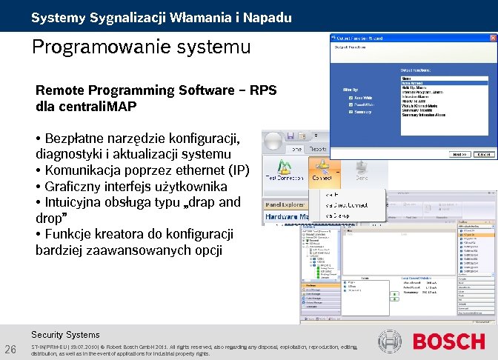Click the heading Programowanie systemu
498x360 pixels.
point(141,47)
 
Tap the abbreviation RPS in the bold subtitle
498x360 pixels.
point(263,90)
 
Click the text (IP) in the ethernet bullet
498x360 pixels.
point(238,170)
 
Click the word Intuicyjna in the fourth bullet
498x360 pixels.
point(76,201)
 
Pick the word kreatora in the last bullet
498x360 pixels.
point(122,234)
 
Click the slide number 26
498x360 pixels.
point(11,350)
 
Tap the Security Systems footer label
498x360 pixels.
point(65,335)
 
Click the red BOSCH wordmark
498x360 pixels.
point(448,342)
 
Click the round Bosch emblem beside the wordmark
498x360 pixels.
point(391,342)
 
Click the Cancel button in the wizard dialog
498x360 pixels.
point(484,155)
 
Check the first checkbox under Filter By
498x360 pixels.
point(351,96)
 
